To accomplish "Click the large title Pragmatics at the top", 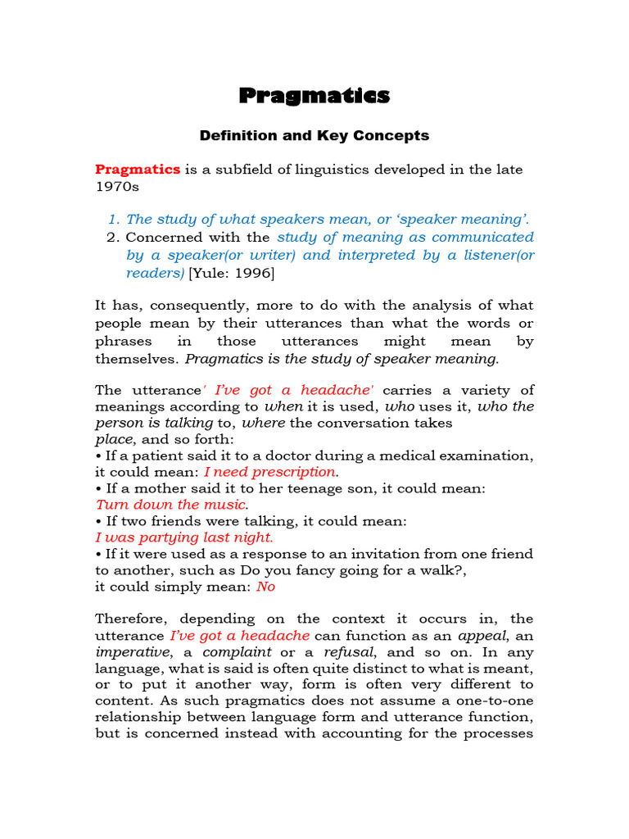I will (314, 96).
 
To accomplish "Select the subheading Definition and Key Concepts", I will (314, 135).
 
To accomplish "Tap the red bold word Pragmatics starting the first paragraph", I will (138, 169).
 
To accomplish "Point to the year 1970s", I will (118, 186).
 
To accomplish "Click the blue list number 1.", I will (114, 219).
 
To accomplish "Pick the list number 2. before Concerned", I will (114, 237).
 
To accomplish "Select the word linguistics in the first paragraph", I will (316, 169).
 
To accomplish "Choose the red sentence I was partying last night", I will (184, 537).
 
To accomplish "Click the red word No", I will (265, 587).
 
